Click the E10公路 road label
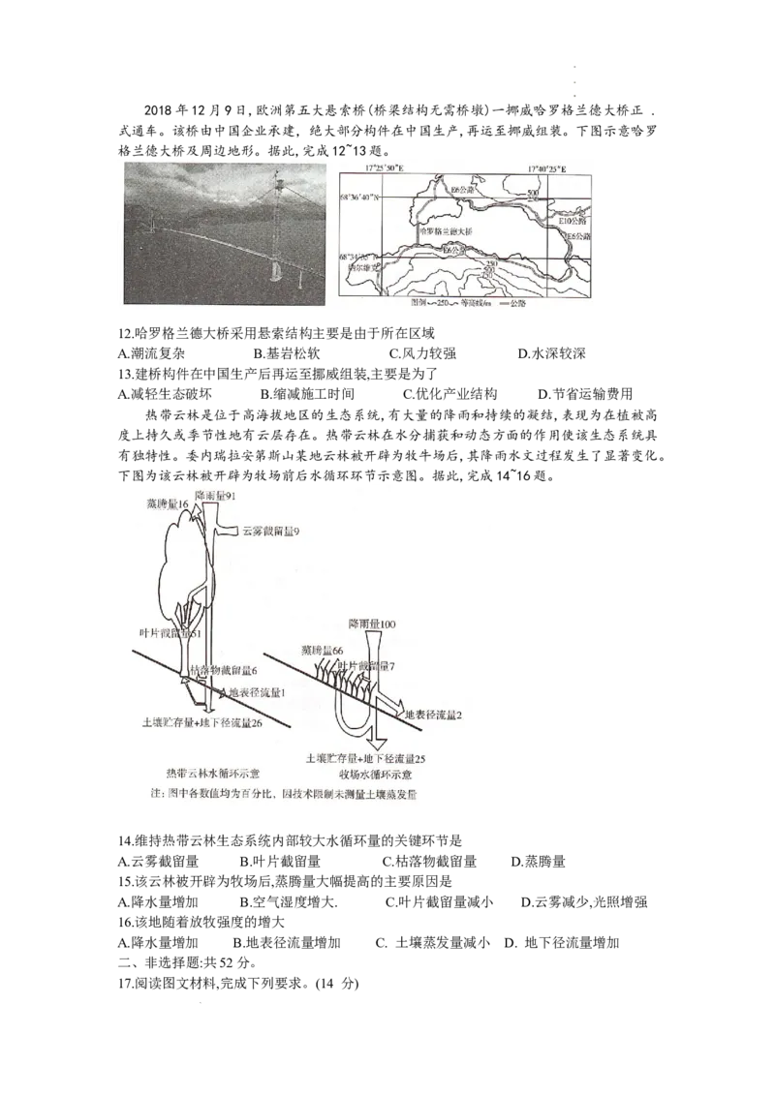click(574, 222)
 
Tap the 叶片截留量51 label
click(170, 633)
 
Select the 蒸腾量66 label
click(324, 652)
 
